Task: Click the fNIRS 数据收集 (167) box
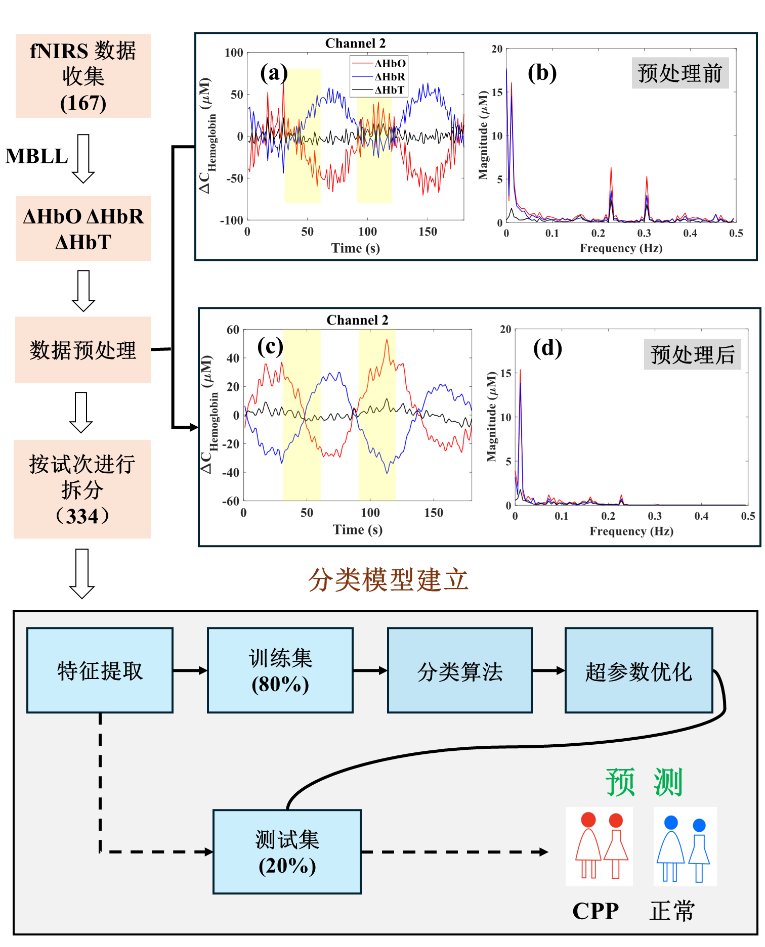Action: tap(83, 76)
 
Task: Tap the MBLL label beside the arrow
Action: tap(36, 156)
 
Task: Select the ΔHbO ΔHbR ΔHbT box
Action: tap(83, 229)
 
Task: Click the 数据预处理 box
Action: tap(83, 350)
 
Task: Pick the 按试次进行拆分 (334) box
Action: tap(82, 489)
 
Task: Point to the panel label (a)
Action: tap(273, 73)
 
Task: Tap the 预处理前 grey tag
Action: tap(679, 73)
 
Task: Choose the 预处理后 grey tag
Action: tap(692, 354)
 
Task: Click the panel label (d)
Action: tap(547, 348)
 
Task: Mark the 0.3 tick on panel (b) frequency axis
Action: tap(644, 233)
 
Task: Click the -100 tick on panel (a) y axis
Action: tap(232, 220)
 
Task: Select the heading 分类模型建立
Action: tap(388, 579)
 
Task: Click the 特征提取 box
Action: tap(100, 670)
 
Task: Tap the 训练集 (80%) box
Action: tap(280, 670)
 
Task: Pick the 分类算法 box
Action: tap(460, 670)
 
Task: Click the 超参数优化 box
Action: tap(639, 670)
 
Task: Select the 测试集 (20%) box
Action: tap(287, 852)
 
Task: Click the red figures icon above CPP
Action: tap(599, 846)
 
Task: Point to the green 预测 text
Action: tap(644, 782)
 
